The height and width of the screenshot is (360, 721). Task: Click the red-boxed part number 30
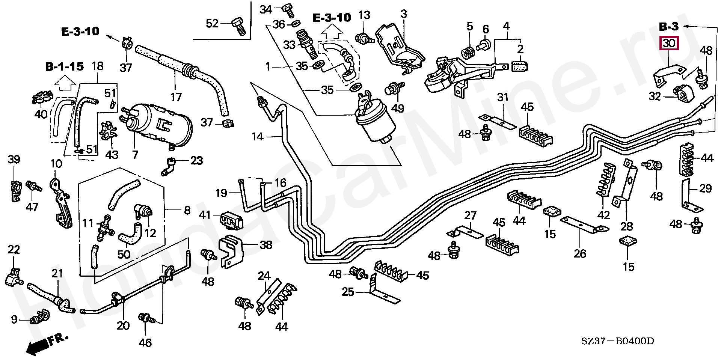(x=669, y=44)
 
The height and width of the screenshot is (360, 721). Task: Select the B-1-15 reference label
(x=64, y=67)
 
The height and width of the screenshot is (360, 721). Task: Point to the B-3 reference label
(x=669, y=27)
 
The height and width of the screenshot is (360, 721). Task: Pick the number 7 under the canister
(x=135, y=154)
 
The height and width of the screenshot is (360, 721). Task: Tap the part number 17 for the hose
(x=176, y=97)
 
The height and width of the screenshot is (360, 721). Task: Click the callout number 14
(x=258, y=137)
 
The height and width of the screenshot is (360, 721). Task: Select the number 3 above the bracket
(x=404, y=14)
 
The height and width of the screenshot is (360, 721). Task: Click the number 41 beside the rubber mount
(x=205, y=215)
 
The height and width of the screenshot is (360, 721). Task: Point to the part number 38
(x=266, y=245)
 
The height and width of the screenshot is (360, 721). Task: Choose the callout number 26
(x=580, y=254)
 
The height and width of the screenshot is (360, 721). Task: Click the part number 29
(x=706, y=188)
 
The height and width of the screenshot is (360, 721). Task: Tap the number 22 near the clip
(x=14, y=249)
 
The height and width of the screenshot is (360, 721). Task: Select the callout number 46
(x=145, y=342)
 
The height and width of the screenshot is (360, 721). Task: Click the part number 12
(x=150, y=233)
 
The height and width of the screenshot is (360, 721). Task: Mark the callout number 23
(x=196, y=161)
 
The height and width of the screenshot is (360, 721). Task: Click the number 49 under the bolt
(x=398, y=108)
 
